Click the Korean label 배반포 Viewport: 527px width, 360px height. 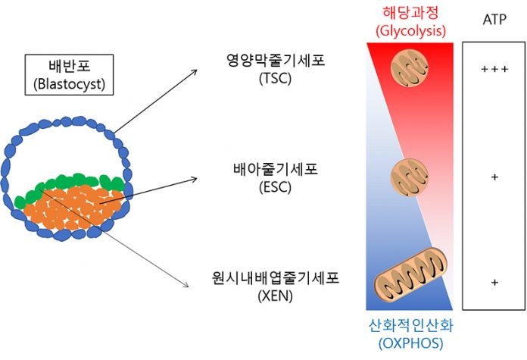[x=70, y=66]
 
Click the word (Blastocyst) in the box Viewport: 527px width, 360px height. [x=69, y=83]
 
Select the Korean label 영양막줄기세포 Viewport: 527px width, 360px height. [x=276, y=60]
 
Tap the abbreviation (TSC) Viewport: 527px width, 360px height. [x=276, y=78]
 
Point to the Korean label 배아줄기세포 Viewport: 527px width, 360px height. [x=276, y=169]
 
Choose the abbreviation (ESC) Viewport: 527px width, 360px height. [x=276, y=187]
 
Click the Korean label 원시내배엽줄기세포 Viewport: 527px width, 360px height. [x=276, y=278]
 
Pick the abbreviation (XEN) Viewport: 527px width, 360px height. [x=276, y=296]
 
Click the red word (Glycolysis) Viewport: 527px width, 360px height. [x=410, y=30]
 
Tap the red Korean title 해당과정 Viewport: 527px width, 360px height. [x=410, y=13]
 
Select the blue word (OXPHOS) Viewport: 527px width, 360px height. [x=410, y=343]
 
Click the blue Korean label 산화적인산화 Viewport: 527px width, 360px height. [x=410, y=325]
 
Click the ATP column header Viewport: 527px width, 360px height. [x=494, y=20]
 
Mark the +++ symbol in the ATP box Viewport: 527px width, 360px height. [x=494, y=69]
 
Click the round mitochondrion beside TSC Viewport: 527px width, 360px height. [x=410, y=68]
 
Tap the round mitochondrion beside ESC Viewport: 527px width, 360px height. [x=410, y=177]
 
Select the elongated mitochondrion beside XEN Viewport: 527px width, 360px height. [x=410, y=272]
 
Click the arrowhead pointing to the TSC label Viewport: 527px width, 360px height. [x=195, y=71]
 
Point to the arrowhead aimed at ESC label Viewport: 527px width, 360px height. [x=194, y=180]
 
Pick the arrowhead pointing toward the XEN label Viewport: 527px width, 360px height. [x=186, y=285]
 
